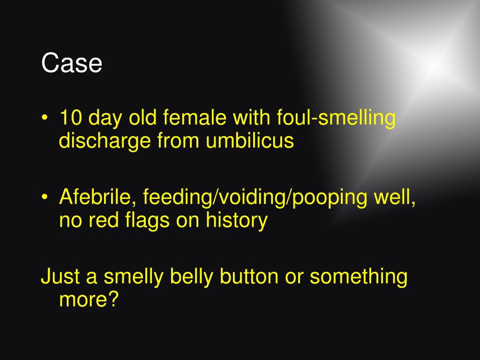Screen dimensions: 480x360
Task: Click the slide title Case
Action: click(72, 63)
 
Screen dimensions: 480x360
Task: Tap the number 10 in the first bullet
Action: click(71, 117)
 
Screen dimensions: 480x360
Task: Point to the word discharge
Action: click(105, 142)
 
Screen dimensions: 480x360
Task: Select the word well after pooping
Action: click(395, 198)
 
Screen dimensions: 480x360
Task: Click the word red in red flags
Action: click(104, 220)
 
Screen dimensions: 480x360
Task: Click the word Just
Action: click(60, 277)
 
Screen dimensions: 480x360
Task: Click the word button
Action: click(249, 277)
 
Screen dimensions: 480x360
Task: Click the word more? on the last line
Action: click(89, 300)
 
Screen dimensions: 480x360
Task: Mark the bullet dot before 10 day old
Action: click(45, 118)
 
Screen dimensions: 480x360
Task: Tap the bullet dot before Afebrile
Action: click(45, 197)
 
